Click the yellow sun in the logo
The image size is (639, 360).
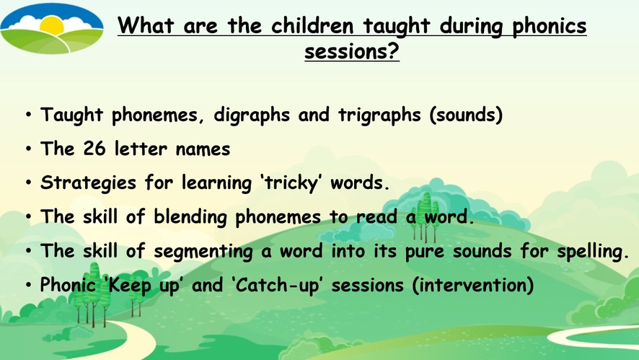52,26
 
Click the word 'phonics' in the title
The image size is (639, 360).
549,27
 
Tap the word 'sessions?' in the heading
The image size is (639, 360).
352,52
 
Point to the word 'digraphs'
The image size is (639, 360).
252,115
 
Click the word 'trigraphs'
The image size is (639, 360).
379,115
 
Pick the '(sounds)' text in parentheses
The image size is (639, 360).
466,115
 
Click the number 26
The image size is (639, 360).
94,149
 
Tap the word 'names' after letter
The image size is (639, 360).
203,149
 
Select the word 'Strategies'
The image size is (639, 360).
88,183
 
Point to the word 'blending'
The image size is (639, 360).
190,217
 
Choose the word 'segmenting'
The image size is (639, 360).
203,252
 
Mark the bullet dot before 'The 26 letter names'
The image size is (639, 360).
28,149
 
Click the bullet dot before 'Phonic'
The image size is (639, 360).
28,285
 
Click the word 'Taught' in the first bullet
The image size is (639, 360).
71,115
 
